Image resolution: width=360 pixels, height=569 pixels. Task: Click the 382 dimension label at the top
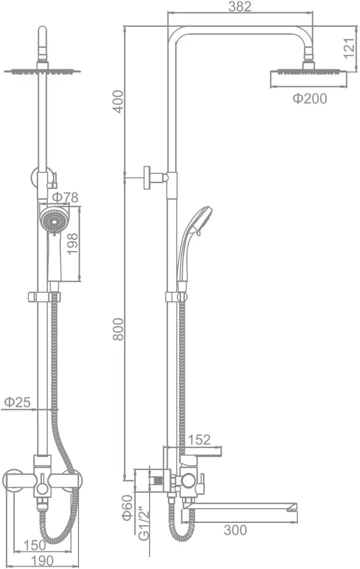click(x=240, y=6)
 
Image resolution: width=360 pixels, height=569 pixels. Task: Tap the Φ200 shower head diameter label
click(x=309, y=98)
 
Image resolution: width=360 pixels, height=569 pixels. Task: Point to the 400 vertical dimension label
click(x=118, y=102)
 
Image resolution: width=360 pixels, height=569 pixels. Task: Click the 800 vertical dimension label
click(x=118, y=329)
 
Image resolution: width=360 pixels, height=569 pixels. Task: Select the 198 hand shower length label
click(x=72, y=244)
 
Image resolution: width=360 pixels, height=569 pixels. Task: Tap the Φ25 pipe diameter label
click(x=17, y=402)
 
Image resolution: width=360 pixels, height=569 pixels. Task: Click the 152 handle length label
click(x=199, y=440)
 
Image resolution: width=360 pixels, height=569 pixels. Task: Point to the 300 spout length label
click(x=235, y=530)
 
